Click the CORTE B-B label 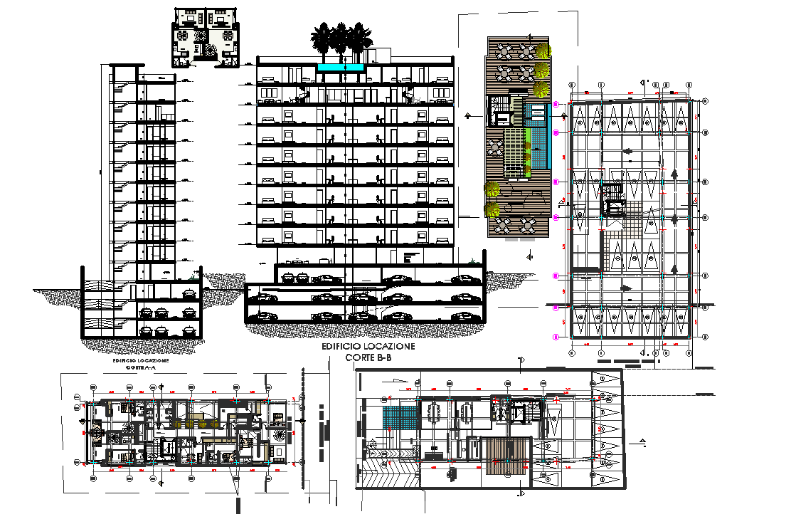[368, 357]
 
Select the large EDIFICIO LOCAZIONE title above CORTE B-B [368, 345]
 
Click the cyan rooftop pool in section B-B [341, 68]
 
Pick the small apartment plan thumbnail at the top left [206, 38]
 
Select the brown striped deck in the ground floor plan [506, 456]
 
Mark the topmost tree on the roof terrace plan [543, 51]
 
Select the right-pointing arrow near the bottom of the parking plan [627, 288]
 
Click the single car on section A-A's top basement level [189, 291]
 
